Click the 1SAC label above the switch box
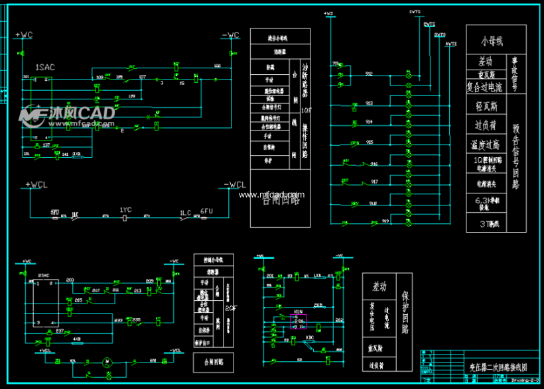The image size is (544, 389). tap(46, 67)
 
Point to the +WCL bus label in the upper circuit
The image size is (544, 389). tap(36, 184)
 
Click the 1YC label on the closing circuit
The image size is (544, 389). tap(125, 210)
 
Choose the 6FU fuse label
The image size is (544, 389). tap(206, 210)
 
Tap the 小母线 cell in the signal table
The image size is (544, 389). tap(492, 41)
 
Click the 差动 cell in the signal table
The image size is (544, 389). tap(486, 61)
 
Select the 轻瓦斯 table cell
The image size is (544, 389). tap(486, 105)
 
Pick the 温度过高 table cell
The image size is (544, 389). tap(486, 144)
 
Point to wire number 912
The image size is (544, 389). tap(369, 74)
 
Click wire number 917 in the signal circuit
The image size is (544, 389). tap(374, 181)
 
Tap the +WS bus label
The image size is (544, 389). tap(328, 13)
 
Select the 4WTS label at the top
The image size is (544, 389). tap(451, 44)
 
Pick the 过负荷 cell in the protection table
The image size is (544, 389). tap(378, 364)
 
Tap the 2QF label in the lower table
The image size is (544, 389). tap(231, 308)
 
